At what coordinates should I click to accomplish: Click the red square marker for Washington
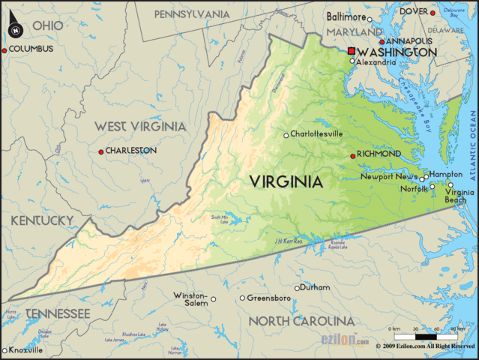coord(351,51)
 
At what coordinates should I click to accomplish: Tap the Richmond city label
coord(379,154)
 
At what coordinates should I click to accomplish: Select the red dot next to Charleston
coord(101,151)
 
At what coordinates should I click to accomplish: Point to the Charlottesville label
coord(318,133)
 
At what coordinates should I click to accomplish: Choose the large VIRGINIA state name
coord(286,181)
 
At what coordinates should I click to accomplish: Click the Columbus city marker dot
coord(4,49)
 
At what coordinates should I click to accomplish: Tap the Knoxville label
coord(26,350)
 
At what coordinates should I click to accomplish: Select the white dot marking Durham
coord(297,288)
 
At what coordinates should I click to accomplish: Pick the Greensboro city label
coord(269,298)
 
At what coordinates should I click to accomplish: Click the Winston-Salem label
coord(190,300)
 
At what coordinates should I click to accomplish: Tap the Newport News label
coord(389,177)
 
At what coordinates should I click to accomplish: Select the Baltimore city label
coord(346,16)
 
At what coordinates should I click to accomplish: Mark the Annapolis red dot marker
coord(382,42)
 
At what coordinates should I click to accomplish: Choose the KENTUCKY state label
coord(41,220)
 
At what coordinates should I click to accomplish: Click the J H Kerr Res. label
coord(288,241)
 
